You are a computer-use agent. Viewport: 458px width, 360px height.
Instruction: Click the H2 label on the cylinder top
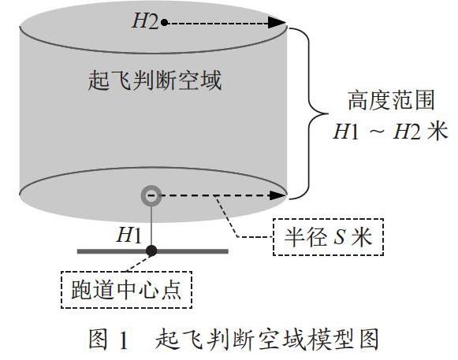(145, 21)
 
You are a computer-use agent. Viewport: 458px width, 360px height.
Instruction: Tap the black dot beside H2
(165, 22)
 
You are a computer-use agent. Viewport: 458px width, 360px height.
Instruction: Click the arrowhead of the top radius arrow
(277, 23)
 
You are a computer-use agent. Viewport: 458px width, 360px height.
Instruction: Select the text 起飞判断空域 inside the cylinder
(155, 80)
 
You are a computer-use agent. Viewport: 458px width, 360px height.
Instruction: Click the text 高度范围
(392, 100)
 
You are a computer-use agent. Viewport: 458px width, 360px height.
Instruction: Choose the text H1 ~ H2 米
(391, 132)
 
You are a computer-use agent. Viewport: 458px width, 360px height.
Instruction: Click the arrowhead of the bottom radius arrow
(277, 195)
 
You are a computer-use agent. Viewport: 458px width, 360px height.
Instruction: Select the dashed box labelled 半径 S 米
(328, 237)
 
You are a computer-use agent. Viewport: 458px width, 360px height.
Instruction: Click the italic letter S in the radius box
(340, 237)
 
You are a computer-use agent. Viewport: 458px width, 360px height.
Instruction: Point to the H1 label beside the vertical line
(128, 235)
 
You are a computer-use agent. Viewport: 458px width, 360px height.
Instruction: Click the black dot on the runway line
(151, 251)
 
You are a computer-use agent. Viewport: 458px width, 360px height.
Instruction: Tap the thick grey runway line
(152, 251)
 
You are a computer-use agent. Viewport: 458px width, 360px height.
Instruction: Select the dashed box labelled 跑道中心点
(126, 290)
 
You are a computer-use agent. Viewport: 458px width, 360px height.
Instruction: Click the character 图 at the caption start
(99, 339)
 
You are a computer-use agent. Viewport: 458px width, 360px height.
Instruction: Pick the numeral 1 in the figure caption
(124, 340)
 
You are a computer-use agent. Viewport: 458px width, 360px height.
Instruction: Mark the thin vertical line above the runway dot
(151, 225)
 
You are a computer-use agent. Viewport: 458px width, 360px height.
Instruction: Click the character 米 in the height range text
(438, 131)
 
